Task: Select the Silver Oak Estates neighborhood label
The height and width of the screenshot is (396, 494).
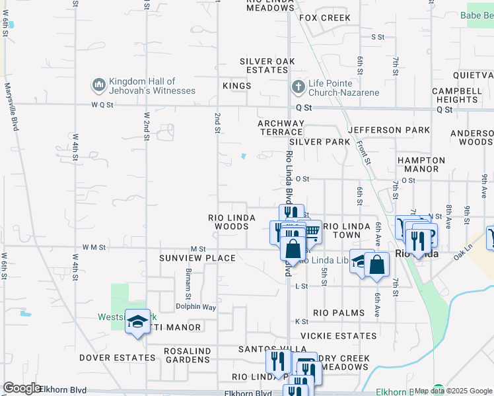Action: [267, 66]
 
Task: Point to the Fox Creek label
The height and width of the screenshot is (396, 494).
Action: [325, 18]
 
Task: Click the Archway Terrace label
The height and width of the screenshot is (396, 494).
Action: [281, 128]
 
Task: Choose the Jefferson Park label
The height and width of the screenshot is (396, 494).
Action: [389, 130]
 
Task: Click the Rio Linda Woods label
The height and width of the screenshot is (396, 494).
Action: [229, 222]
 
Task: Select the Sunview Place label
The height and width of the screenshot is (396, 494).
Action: [197, 258]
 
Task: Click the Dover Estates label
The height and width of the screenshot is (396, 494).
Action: [117, 358]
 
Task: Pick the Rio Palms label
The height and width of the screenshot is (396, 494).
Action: [339, 312]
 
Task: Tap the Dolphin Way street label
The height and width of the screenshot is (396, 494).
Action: [196, 307]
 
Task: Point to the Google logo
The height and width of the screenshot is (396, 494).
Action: [22, 388]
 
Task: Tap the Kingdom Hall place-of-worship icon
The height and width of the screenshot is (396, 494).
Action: [99, 85]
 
